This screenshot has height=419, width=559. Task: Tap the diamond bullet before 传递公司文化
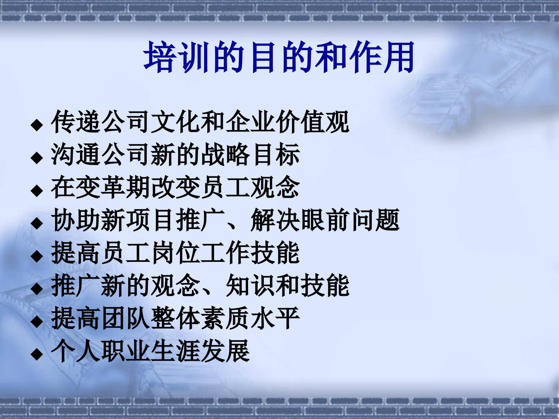tap(37, 125)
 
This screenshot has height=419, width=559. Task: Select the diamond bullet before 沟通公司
tap(37, 158)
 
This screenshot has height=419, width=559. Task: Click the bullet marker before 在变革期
tap(37, 191)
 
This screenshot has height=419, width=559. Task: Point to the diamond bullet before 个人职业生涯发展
tap(37, 354)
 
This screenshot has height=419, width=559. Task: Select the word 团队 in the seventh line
tap(126, 319)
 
